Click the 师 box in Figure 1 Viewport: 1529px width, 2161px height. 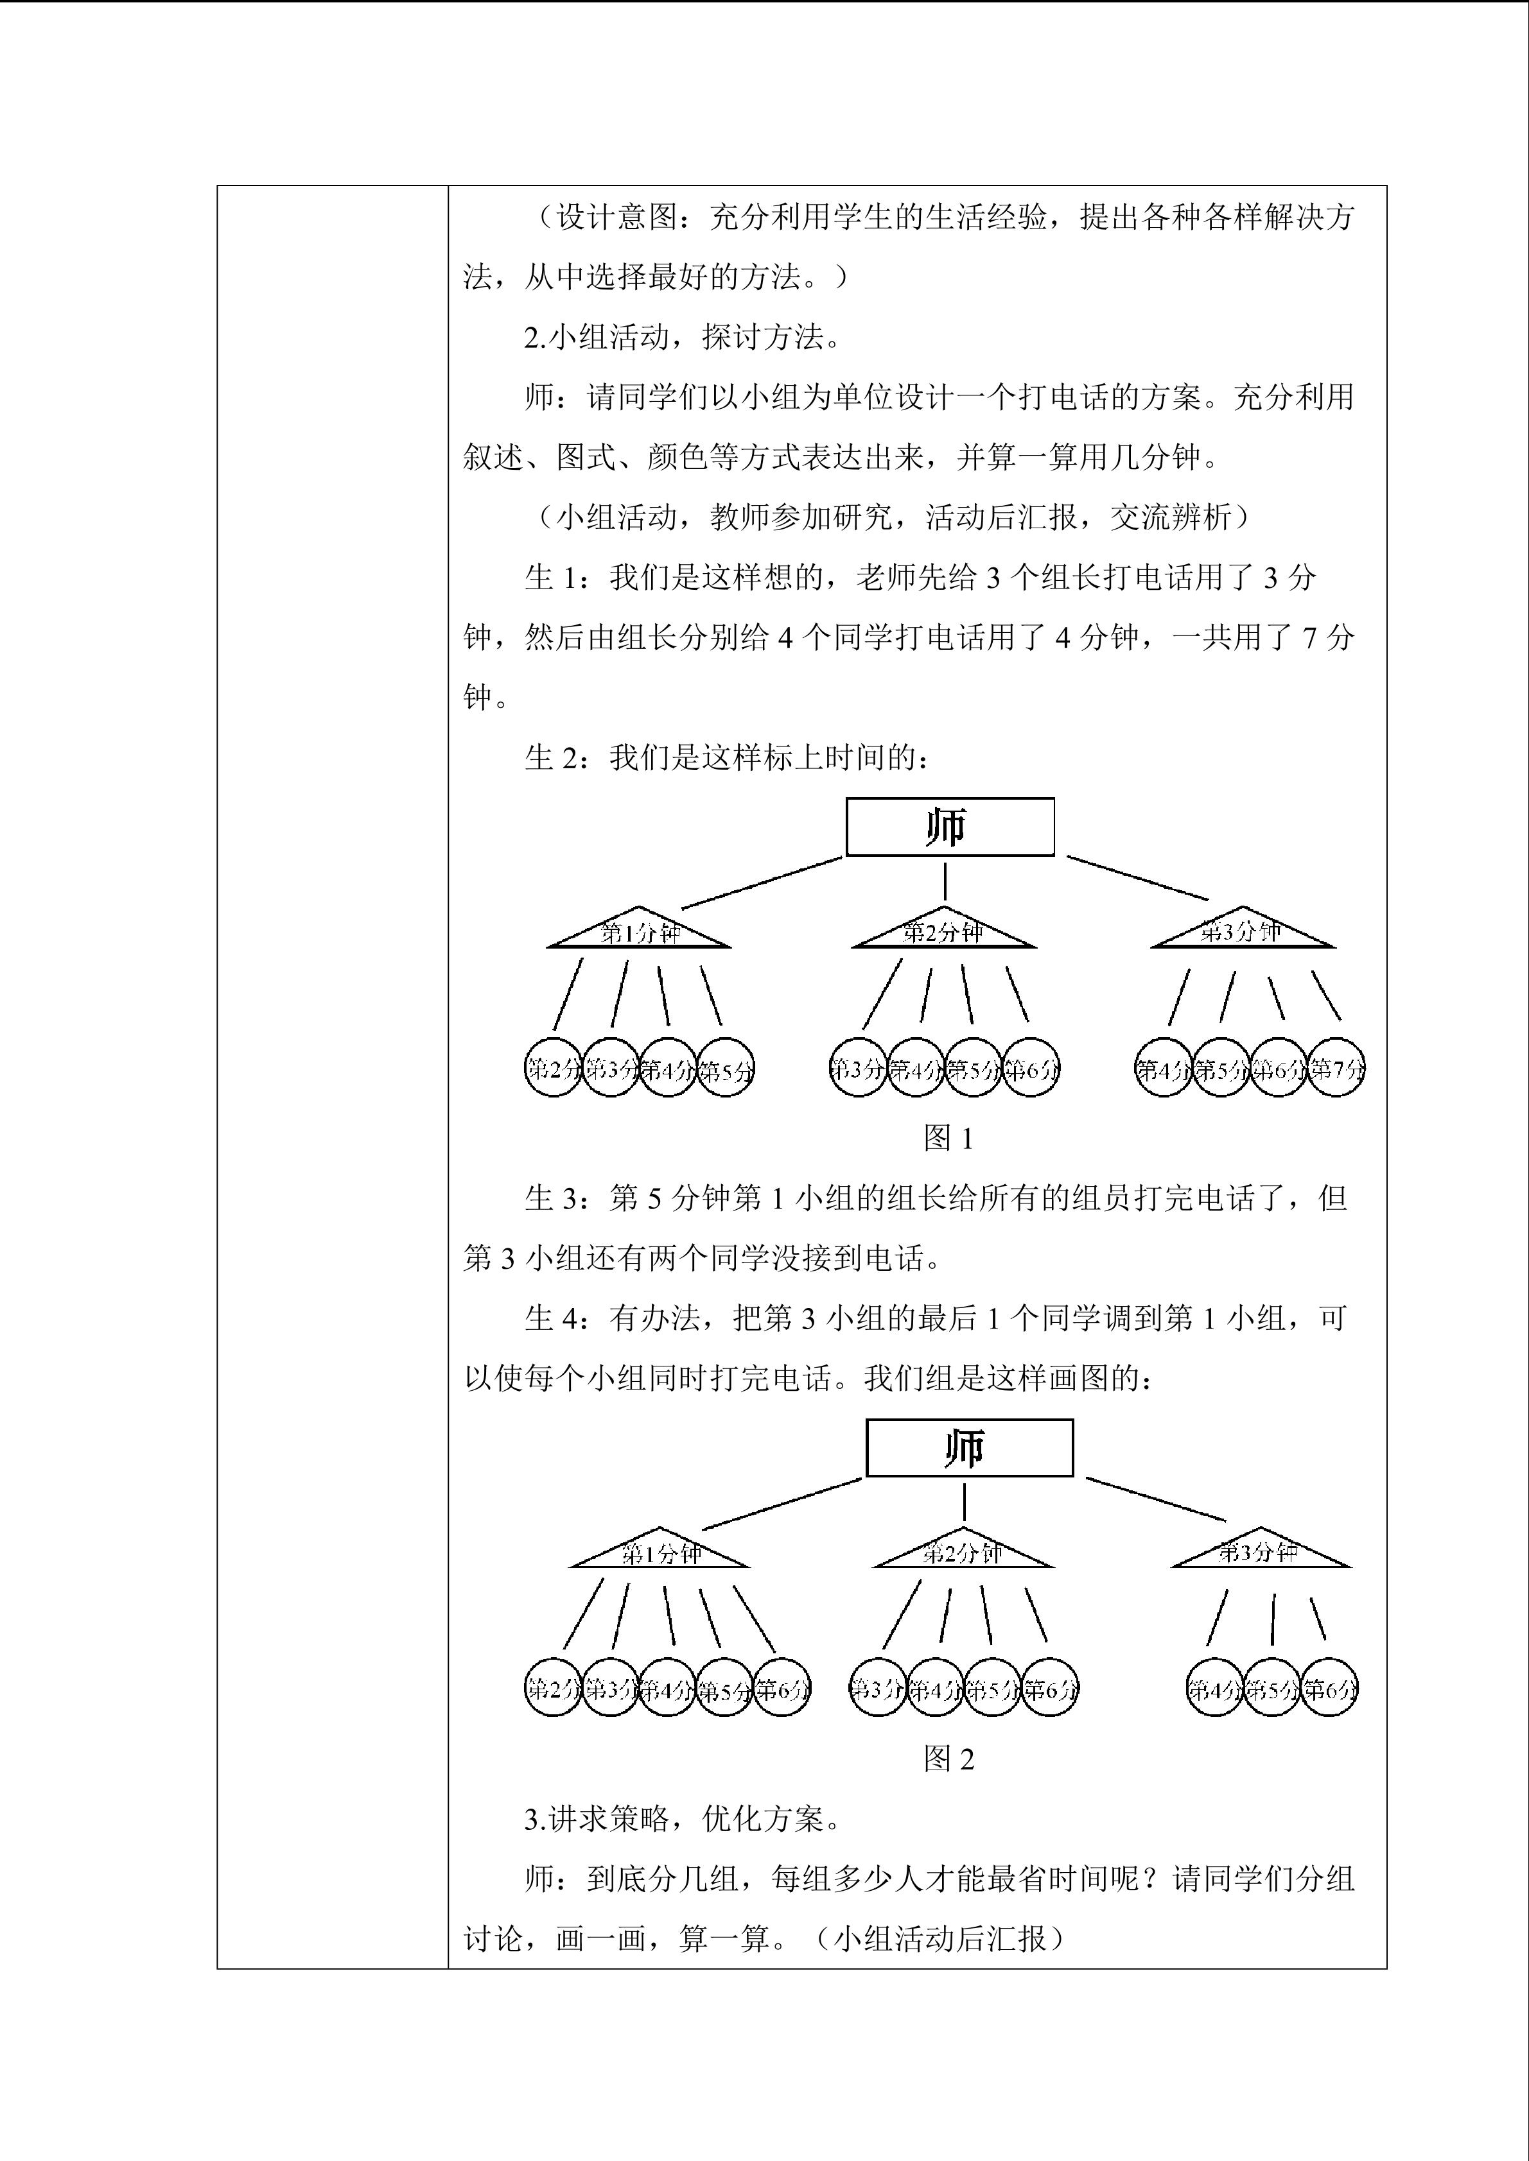(949, 827)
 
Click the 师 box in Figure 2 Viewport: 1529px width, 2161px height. (969, 1447)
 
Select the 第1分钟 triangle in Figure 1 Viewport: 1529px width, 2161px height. (640, 933)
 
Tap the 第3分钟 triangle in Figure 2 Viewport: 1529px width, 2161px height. (1260, 1553)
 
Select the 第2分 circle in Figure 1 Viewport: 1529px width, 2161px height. (553, 1068)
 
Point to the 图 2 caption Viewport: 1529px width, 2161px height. (948, 1758)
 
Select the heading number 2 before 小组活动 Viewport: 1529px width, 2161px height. (532, 337)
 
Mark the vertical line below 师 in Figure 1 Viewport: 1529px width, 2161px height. (945, 881)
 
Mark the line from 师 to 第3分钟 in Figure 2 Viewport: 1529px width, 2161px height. (1155, 1499)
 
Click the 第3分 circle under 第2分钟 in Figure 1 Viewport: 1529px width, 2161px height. (859, 1068)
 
